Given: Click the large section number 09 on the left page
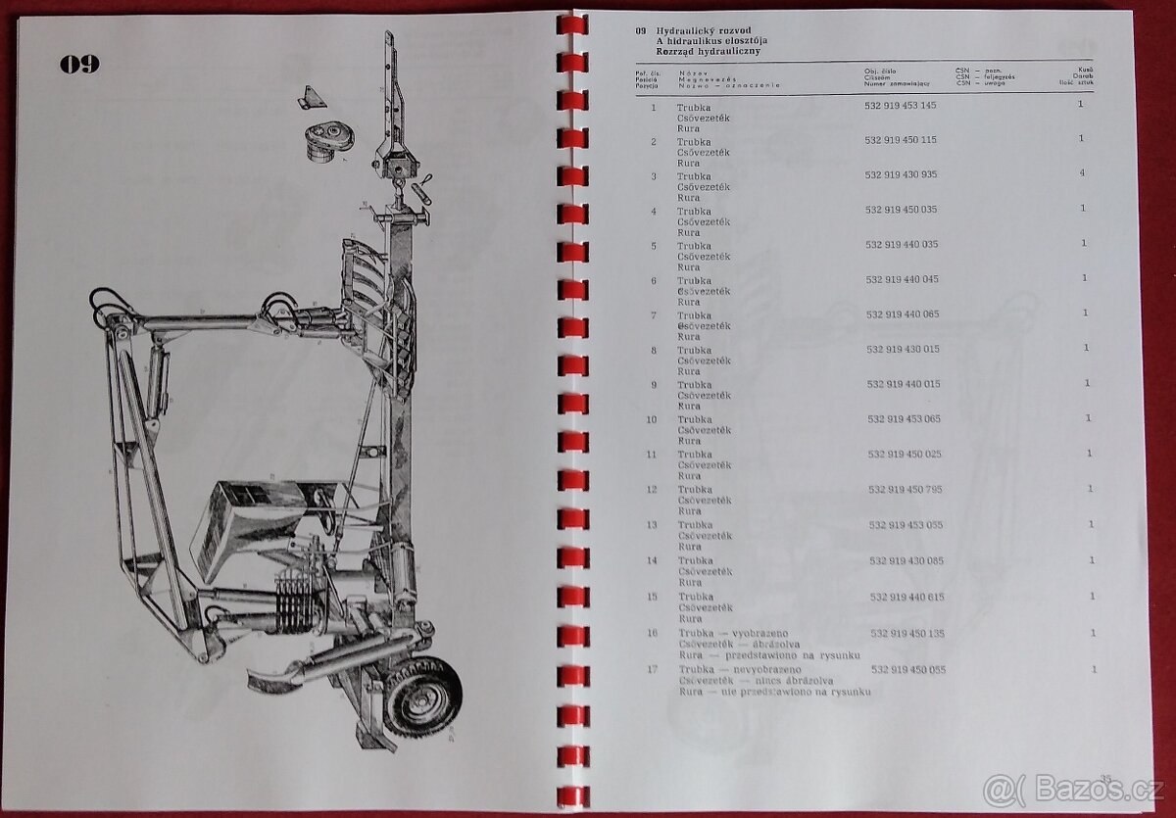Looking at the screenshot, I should pyautogui.click(x=79, y=65).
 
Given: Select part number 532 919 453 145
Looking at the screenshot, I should pyautogui.click(x=900, y=105).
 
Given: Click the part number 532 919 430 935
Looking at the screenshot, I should pyautogui.click(x=901, y=174).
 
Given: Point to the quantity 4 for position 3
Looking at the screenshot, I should pyautogui.click(x=1082, y=173).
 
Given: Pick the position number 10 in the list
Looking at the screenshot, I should pyautogui.click(x=652, y=419).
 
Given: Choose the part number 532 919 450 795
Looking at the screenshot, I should pyautogui.click(x=905, y=489).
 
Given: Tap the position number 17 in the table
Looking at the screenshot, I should pyautogui.click(x=652, y=670).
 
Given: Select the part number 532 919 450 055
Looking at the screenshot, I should pyautogui.click(x=908, y=669).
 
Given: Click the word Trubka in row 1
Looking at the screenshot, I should pyautogui.click(x=694, y=107).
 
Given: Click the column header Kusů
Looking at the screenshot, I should pyautogui.click(x=1086, y=71).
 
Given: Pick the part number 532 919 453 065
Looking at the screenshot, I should pyautogui.click(x=904, y=418).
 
